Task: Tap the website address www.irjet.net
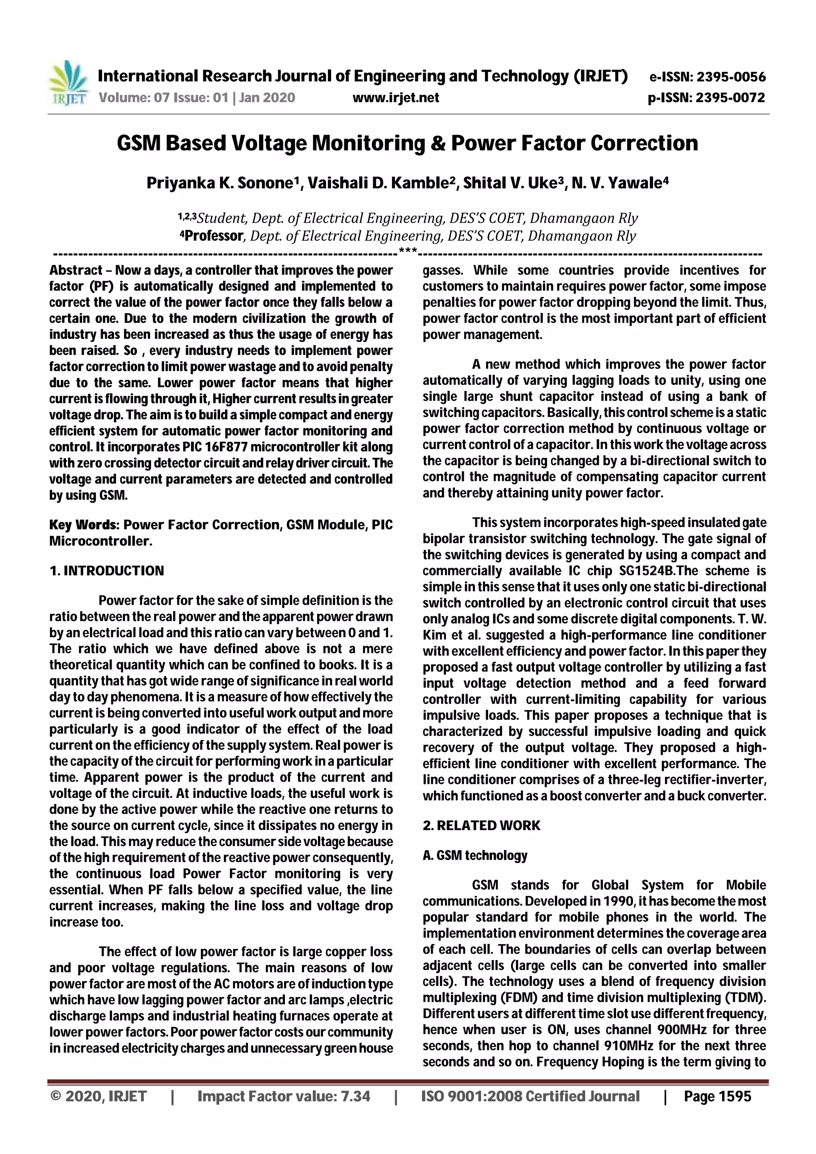click(396, 98)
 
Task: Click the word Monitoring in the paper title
click(369, 143)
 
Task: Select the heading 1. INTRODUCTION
click(107, 571)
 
